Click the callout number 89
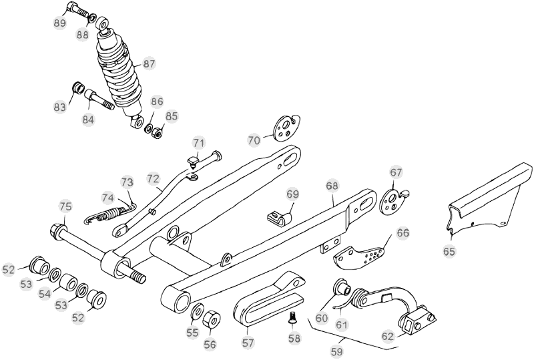pos(59,23)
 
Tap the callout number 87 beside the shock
pos(149,64)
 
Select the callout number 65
pos(448,251)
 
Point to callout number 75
pos(65,206)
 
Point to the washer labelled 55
pos(198,313)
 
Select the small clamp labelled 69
pos(278,216)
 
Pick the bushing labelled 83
pos(78,88)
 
